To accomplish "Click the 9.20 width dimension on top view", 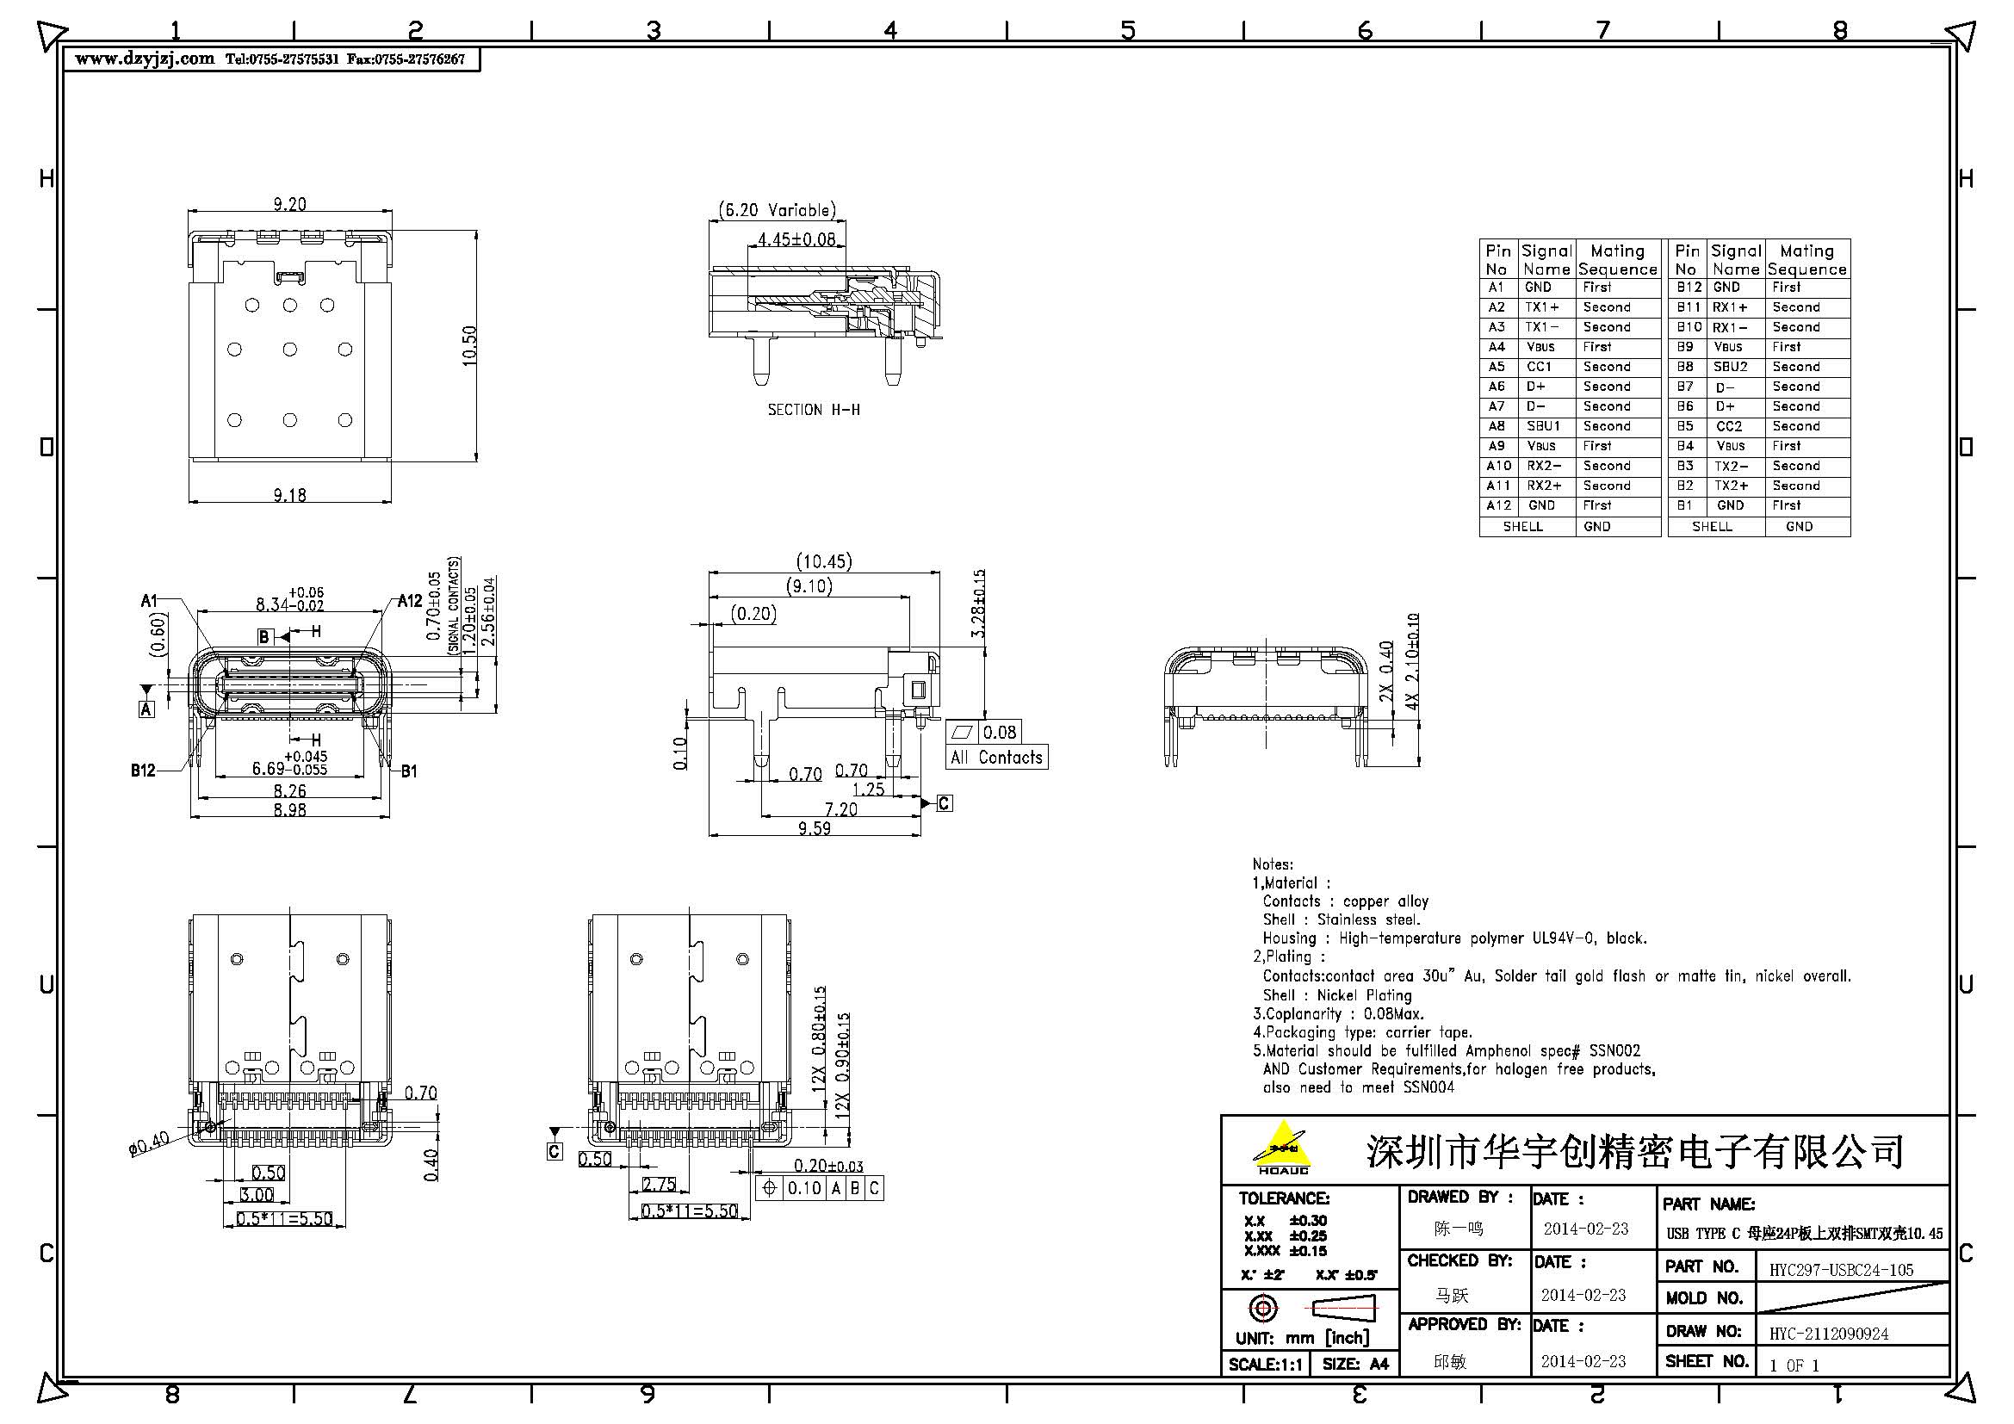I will click(289, 203).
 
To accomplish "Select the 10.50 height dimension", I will click(469, 345).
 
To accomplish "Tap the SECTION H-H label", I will click(813, 410).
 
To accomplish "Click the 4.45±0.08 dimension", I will click(796, 238).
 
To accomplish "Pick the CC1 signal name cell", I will click(1539, 367).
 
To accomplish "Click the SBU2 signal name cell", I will click(1730, 367).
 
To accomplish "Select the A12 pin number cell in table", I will click(1498, 506).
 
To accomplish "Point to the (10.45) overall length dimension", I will click(824, 561).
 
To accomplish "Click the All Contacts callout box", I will click(997, 757).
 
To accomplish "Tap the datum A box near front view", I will click(146, 709).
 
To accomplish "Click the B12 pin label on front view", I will click(143, 770).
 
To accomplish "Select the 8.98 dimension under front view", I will click(289, 809).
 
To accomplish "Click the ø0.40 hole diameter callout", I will click(149, 1144).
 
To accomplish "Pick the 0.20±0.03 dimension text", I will click(827, 1166).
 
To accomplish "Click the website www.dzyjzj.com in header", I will click(145, 59).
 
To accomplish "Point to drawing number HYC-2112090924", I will click(1828, 1334).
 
